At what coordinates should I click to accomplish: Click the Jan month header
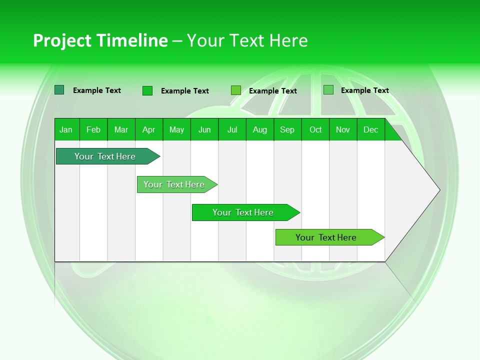click(66, 129)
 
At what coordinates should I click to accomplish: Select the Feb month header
click(93, 129)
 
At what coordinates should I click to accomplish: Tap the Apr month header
click(148, 129)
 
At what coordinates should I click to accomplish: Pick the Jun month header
click(204, 129)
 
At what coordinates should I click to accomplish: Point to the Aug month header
click(259, 129)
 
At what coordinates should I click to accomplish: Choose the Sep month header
click(287, 129)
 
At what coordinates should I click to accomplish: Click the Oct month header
click(315, 129)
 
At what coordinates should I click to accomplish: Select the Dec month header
click(370, 129)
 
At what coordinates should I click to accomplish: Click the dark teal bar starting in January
click(105, 156)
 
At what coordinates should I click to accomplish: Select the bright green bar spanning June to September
click(243, 212)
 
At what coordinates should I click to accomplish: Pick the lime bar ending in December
click(326, 237)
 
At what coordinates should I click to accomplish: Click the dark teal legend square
click(59, 90)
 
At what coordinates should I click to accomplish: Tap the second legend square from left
click(147, 90)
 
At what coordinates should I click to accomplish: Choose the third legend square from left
click(236, 90)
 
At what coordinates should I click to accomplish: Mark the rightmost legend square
click(328, 90)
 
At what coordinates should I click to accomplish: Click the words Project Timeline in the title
click(100, 40)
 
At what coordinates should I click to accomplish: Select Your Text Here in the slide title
click(247, 40)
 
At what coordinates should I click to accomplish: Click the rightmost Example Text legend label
click(364, 90)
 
